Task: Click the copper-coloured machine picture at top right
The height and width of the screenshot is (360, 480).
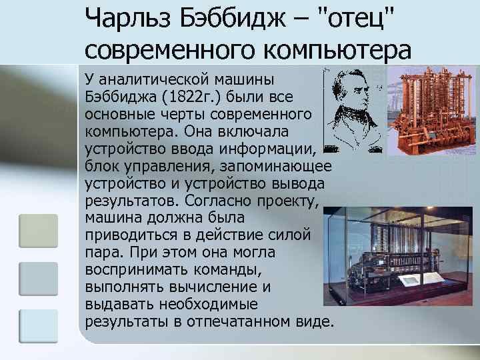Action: [x=433, y=110]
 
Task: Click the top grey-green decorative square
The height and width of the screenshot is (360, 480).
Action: [x=38, y=231]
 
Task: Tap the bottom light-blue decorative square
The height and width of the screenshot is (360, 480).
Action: [x=38, y=327]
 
